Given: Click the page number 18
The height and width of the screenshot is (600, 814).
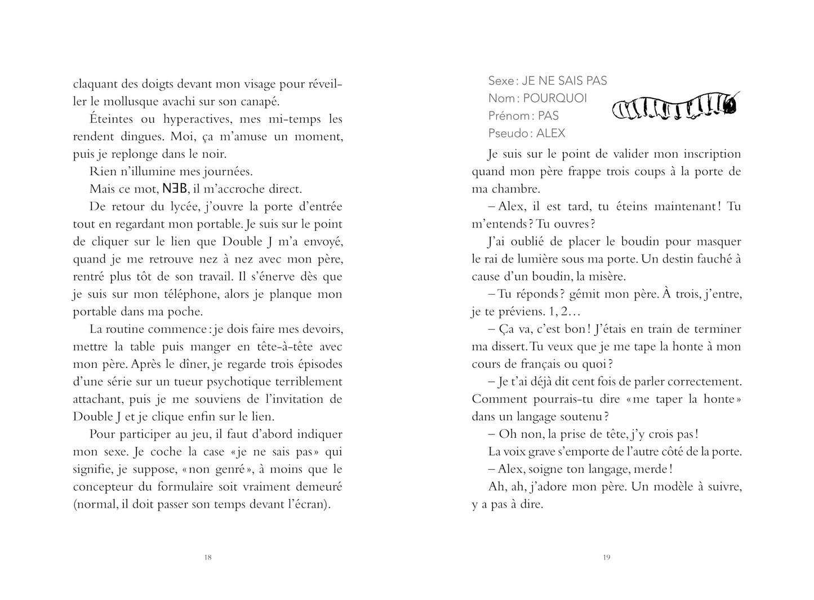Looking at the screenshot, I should click(x=207, y=558).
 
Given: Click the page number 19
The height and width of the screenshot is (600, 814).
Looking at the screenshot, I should click(x=606, y=558).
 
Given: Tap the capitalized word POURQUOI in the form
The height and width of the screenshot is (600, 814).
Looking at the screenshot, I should click(x=554, y=99).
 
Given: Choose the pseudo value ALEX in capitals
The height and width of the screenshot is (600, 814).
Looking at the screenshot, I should click(x=550, y=134).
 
